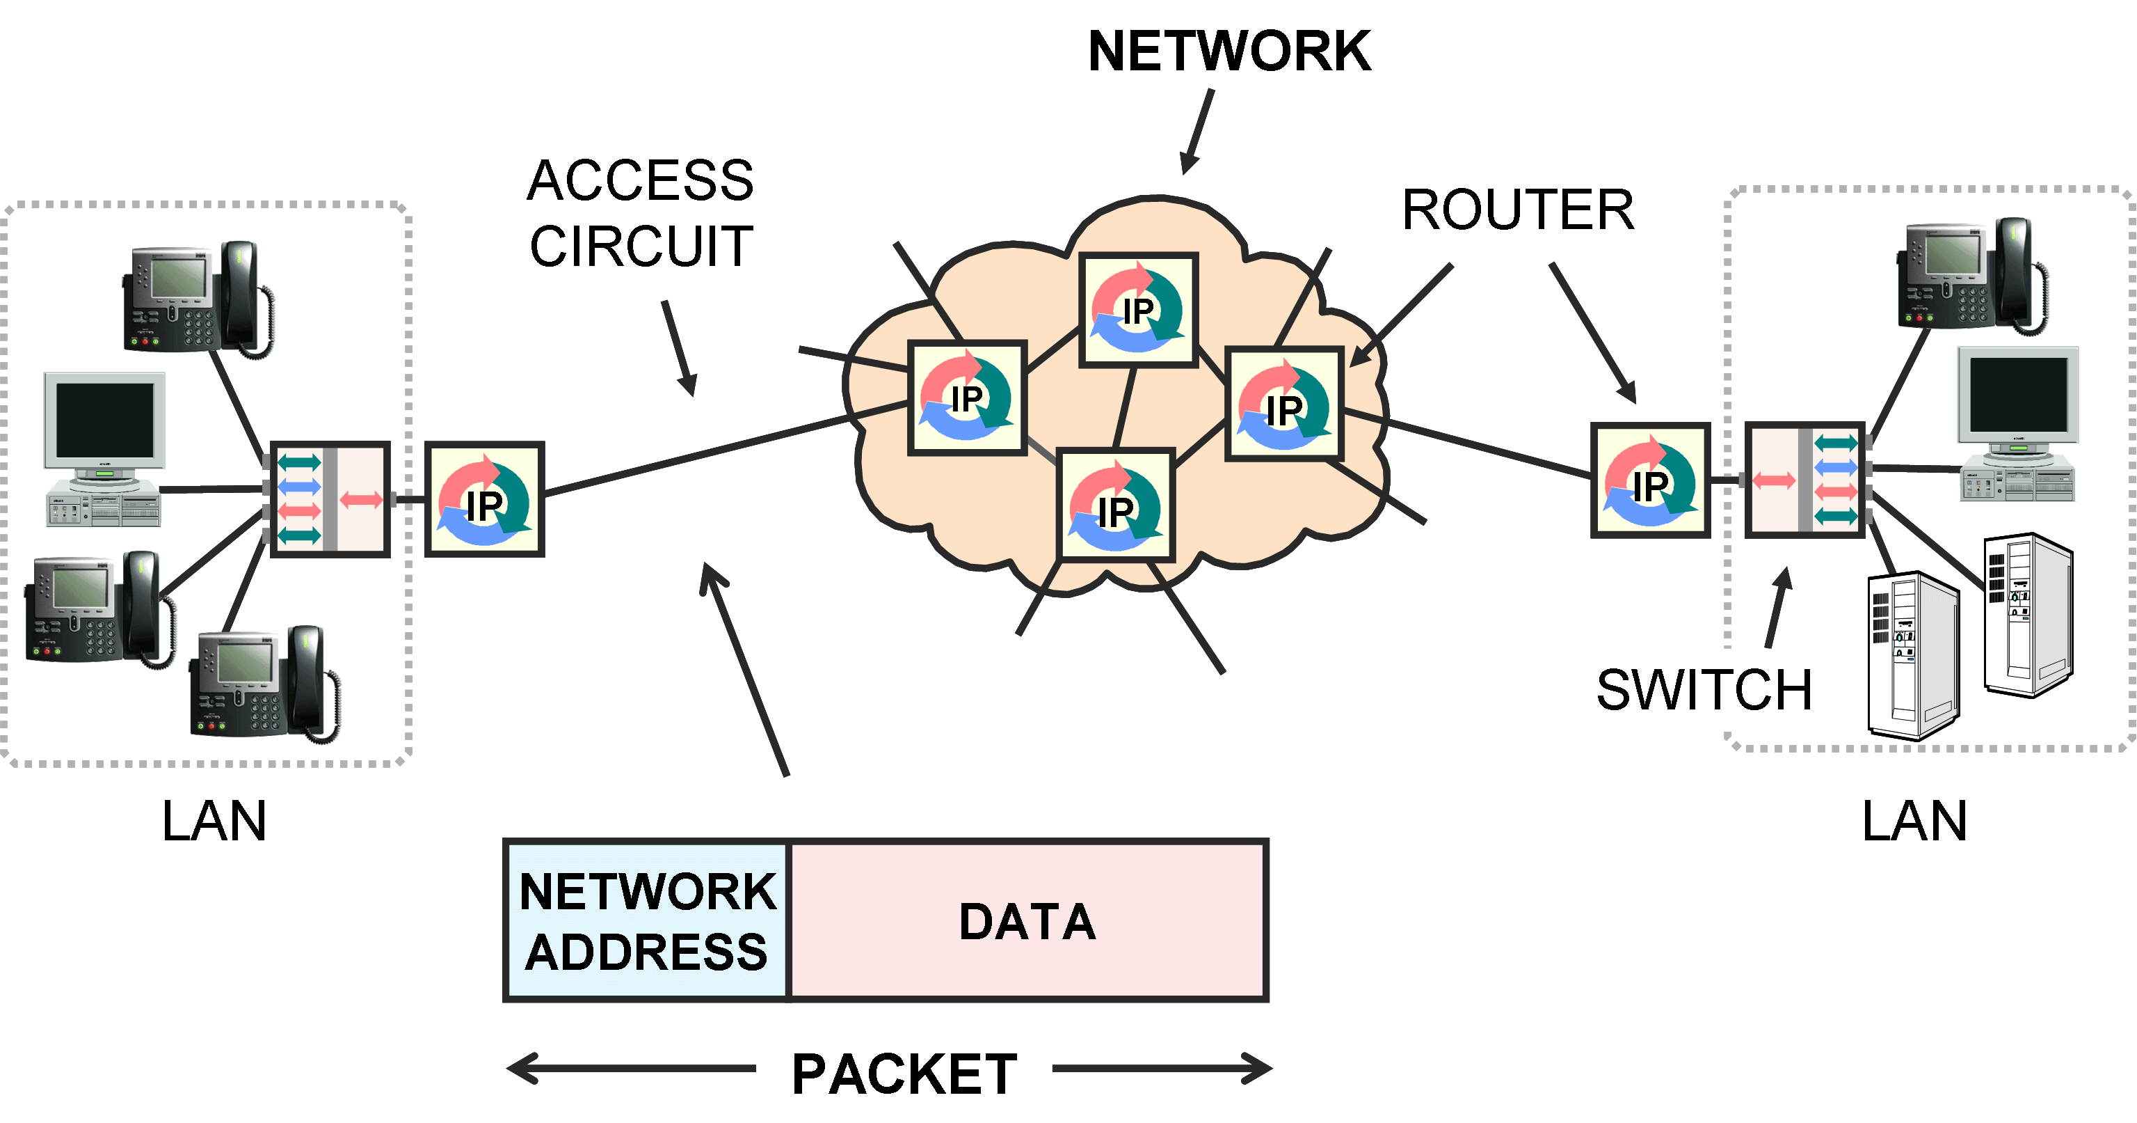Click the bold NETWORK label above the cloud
click(x=1228, y=52)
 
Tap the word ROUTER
click(x=1517, y=210)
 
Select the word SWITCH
click(x=1703, y=690)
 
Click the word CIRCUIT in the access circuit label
click(x=641, y=246)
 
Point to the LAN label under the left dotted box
click(x=214, y=822)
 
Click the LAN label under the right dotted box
click(x=1914, y=822)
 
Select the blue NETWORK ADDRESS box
click(x=646, y=921)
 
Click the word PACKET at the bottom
click(x=904, y=1074)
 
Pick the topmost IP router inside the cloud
click(x=1138, y=311)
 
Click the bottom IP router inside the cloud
click(x=1115, y=505)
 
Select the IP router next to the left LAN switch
click(x=484, y=498)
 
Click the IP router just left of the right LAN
click(x=1650, y=480)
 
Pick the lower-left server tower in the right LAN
click(x=1912, y=655)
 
